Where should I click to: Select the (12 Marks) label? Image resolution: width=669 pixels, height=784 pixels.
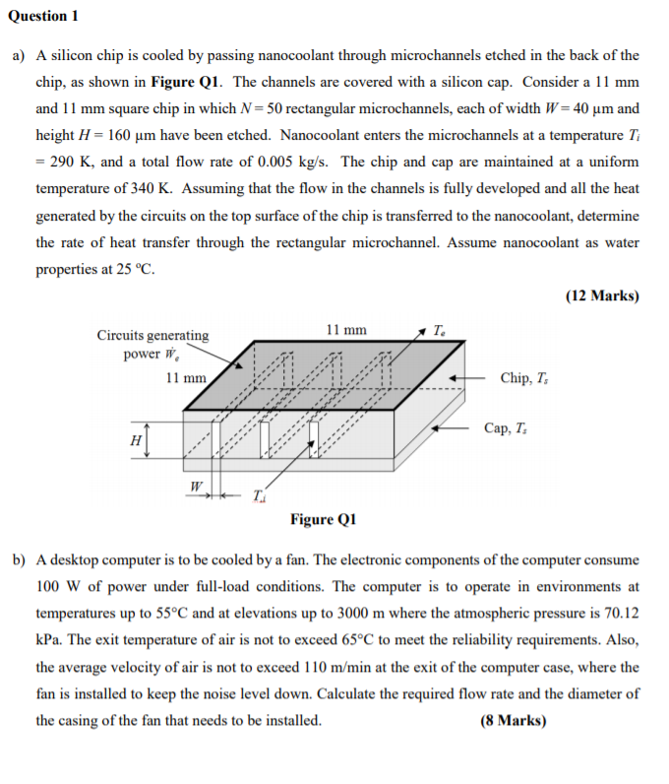click(x=602, y=295)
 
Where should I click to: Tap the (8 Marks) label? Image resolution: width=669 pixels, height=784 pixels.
click(x=514, y=720)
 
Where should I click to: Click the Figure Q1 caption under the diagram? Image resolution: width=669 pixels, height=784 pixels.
click(x=324, y=519)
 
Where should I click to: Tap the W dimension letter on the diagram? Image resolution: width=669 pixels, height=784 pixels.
click(x=196, y=486)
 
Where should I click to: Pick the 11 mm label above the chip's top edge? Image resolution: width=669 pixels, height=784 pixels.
click(x=344, y=330)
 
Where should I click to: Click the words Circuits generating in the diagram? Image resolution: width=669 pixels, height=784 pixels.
click(x=152, y=335)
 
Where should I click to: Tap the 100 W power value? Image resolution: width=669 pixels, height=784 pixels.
click(x=56, y=586)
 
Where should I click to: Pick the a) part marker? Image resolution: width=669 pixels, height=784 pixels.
click(x=19, y=56)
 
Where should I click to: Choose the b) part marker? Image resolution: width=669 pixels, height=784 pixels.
click(x=19, y=559)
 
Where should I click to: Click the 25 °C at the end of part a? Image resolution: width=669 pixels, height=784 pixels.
click(x=135, y=269)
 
